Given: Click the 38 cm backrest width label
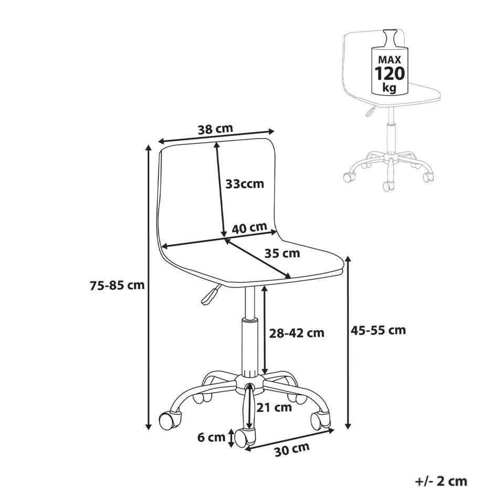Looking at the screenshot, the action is [x=215, y=129].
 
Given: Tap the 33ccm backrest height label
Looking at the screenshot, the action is [x=245, y=184].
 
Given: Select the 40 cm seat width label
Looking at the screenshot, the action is [x=249, y=228].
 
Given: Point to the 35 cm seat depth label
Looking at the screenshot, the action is [x=282, y=253].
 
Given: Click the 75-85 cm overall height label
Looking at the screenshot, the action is [x=117, y=285].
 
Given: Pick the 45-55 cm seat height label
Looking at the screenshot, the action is [x=379, y=330].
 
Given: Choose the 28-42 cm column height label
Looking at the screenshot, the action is [x=296, y=333].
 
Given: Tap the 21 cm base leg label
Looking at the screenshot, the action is [x=274, y=407].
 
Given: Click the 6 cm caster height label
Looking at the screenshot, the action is [x=211, y=437].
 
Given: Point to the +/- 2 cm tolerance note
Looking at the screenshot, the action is [x=441, y=481].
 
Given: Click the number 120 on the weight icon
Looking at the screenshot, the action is [x=390, y=73].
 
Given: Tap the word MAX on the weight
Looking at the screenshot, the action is [x=390, y=59].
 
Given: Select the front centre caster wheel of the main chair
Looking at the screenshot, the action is [x=245, y=437].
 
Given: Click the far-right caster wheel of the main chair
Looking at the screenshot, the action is [x=320, y=421].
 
